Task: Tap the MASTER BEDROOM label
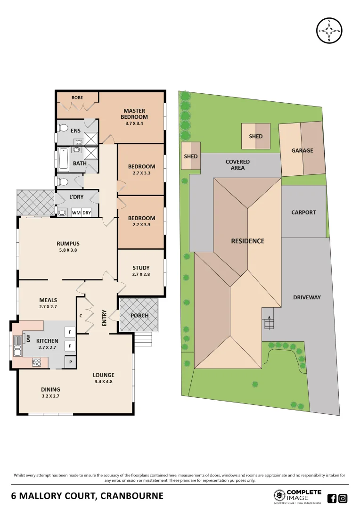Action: tap(134, 114)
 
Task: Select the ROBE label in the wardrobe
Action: tap(77, 98)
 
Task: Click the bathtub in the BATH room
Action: tap(63, 159)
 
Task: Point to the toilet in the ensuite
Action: tap(63, 127)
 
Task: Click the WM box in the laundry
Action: tap(76, 213)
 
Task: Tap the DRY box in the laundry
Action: tap(87, 213)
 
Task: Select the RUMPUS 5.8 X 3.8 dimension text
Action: tap(68, 251)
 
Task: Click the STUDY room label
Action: tap(141, 268)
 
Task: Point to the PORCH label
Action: tap(139, 315)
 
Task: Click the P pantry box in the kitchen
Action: tap(70, 362)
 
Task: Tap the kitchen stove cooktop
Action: tap(36, 362)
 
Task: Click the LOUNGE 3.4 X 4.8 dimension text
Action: tap(103, 382)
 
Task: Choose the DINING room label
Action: tap(50, 389)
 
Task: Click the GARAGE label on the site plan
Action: tap(302, 150)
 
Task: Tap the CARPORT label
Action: tap(303, 212)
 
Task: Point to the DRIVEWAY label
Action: tap(307, 297)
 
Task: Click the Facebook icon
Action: tap(332, 498)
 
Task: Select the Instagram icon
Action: tap(343, 498)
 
